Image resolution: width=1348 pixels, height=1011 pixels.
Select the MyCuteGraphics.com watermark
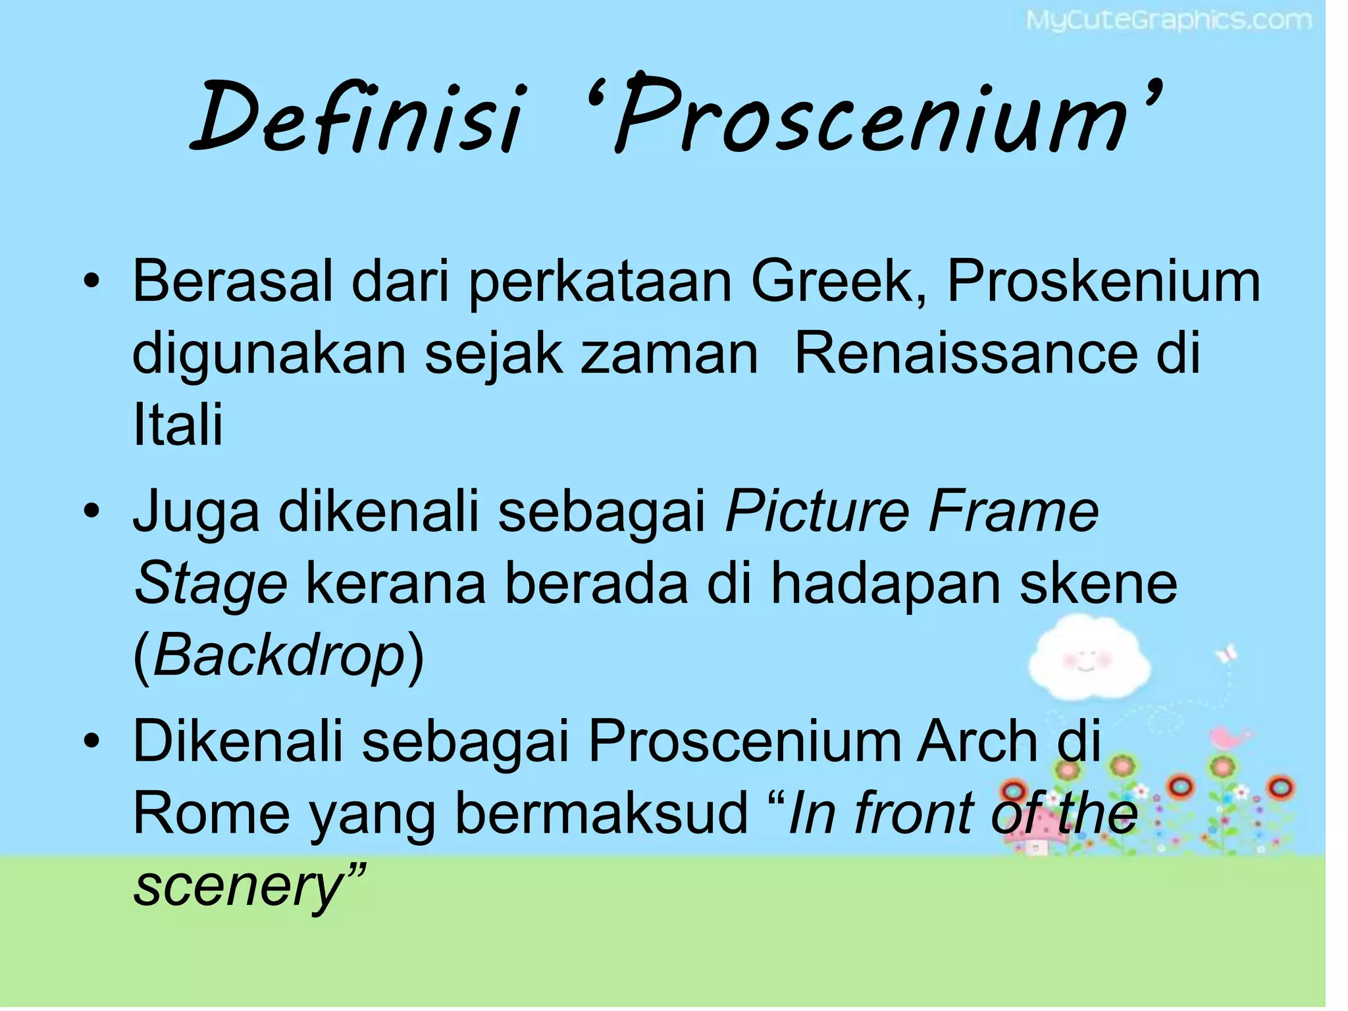1168,21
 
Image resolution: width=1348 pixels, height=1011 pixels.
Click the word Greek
839,282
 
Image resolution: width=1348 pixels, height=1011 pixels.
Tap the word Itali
178,425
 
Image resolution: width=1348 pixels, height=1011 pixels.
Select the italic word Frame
1014,511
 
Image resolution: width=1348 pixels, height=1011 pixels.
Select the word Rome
211,814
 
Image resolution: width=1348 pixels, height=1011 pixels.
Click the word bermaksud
602,814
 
